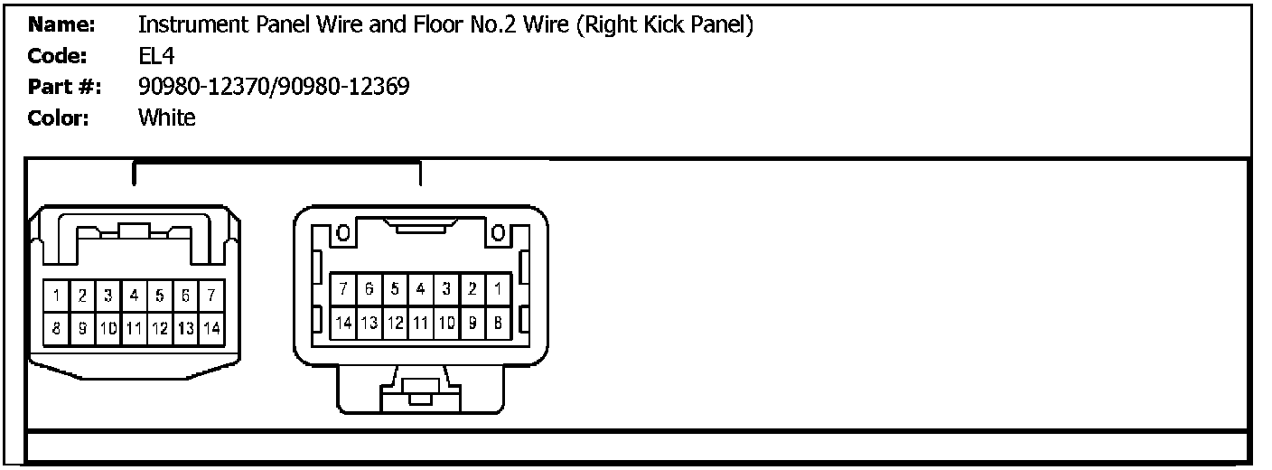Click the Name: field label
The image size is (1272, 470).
pyautogui.click(x=57, y=25)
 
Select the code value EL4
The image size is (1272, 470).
pyautogui.click(x=155, y=56)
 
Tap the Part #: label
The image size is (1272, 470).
pyautogui.click(x=64, y=87)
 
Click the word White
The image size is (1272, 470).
pyautogui.click(x=166, y=117)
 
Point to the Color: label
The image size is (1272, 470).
pyautogui.click(x=59, y=117)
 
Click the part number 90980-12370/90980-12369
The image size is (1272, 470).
pyautogui.click(x=274, y=87)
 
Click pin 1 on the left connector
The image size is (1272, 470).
pyautogui.click(x=56, y=296)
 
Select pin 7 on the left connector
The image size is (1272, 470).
pyautogui.click(x=211, y=296)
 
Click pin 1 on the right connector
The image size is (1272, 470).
pyautogui.click(x=497, y=289)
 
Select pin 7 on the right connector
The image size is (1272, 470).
pyautogui.click(x=343, y=289)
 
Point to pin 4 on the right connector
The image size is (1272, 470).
pyautogui.click(x=420, y=289)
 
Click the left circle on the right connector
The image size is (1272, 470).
pyautogui.click(x=343, y=234)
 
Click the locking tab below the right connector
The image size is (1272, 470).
pyautogui.click(x=420, y=390)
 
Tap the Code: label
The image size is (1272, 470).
pyautogui.click(x=57, y=56)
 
